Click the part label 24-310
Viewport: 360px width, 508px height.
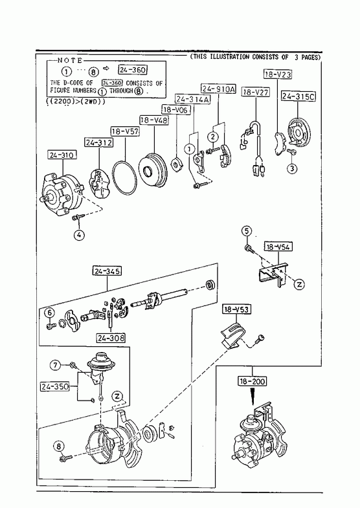[62, 155]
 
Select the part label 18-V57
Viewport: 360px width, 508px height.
[125, 131]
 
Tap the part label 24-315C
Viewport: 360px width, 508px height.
[298, 96]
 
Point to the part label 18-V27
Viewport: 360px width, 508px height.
[256, 93]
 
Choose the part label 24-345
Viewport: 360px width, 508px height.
[107, 271]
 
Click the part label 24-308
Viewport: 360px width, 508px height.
[111, 338]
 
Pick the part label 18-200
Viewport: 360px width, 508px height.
[252, 381]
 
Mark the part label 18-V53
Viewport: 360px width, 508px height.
[236, 309]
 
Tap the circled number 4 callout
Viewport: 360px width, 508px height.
[79, 235]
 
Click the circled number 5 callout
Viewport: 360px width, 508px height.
[247, 231]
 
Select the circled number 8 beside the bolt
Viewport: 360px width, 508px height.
[59, 447]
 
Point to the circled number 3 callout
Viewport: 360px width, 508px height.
[292, 168]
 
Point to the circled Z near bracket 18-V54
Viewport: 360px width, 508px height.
[299, 284]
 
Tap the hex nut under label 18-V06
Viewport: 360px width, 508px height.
[176, 164]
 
